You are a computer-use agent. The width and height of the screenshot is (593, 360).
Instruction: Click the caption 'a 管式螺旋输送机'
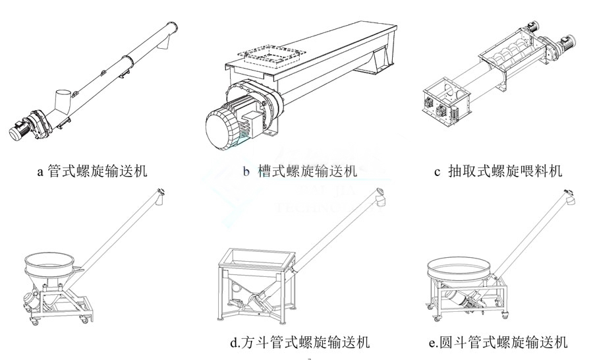point(92,172)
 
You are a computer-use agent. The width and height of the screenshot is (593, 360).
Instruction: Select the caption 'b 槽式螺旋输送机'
point(300,172)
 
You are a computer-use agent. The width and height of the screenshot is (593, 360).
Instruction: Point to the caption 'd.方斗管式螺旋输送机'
point(300,342)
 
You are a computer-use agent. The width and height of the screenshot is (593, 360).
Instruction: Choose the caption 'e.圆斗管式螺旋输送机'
point(497,342)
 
